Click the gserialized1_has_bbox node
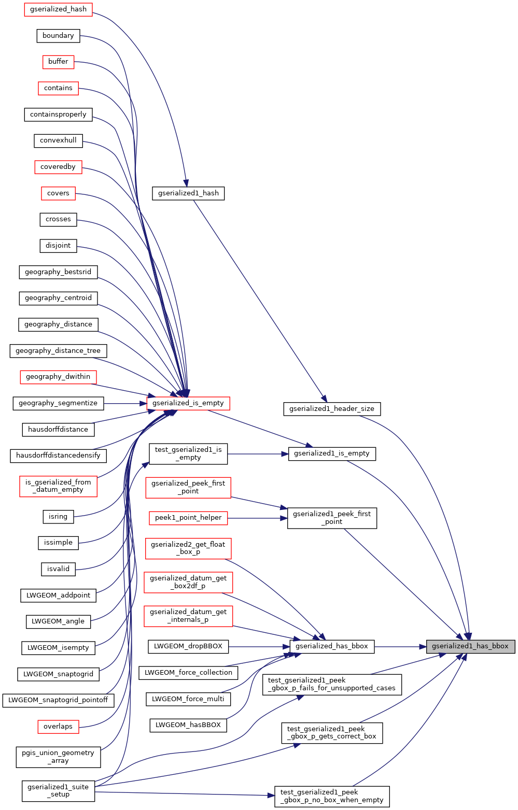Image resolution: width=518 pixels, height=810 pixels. [470, 646]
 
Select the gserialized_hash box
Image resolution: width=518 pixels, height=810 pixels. [58, 9]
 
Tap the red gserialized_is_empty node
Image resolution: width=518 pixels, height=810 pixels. [188, 403]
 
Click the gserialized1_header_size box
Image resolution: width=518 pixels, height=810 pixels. [332, 409]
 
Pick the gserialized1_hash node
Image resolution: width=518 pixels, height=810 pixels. [188, 193]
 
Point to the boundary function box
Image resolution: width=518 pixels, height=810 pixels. [58, 35]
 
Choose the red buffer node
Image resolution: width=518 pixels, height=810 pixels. [58, 62]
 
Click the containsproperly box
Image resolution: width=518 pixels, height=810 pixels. [58, 115]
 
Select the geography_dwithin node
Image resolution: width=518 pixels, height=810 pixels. [58, 377]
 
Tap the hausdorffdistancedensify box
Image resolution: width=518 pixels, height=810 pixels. [58, 456]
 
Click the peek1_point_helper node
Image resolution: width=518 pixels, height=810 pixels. [188, 518]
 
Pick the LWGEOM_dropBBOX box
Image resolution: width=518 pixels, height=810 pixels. [188, 646]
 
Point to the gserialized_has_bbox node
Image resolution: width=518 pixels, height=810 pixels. [332, 646]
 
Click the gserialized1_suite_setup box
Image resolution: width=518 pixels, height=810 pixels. [58, 791]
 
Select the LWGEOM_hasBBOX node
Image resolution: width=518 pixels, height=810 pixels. [188, 725]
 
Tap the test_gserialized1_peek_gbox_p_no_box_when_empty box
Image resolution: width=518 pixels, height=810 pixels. [332, 797]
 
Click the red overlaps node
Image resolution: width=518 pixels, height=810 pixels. [58, 727]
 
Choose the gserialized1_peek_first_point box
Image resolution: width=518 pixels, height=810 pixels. [332, 518]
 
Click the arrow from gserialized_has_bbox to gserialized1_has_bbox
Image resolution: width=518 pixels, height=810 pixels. [400, 647]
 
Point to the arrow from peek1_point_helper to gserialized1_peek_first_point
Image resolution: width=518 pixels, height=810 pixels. [258, 518]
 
